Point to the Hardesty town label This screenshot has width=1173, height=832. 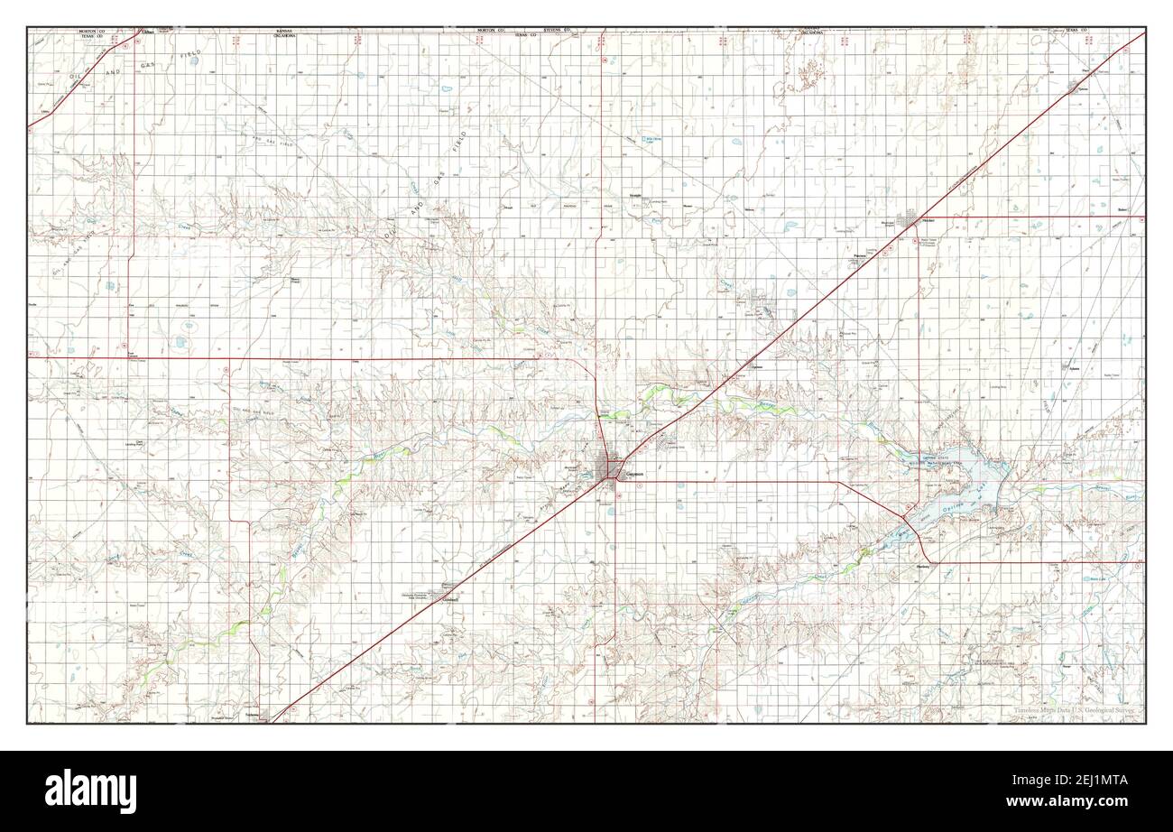tap(922, 568)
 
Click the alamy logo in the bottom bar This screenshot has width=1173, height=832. tap(90, 790)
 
